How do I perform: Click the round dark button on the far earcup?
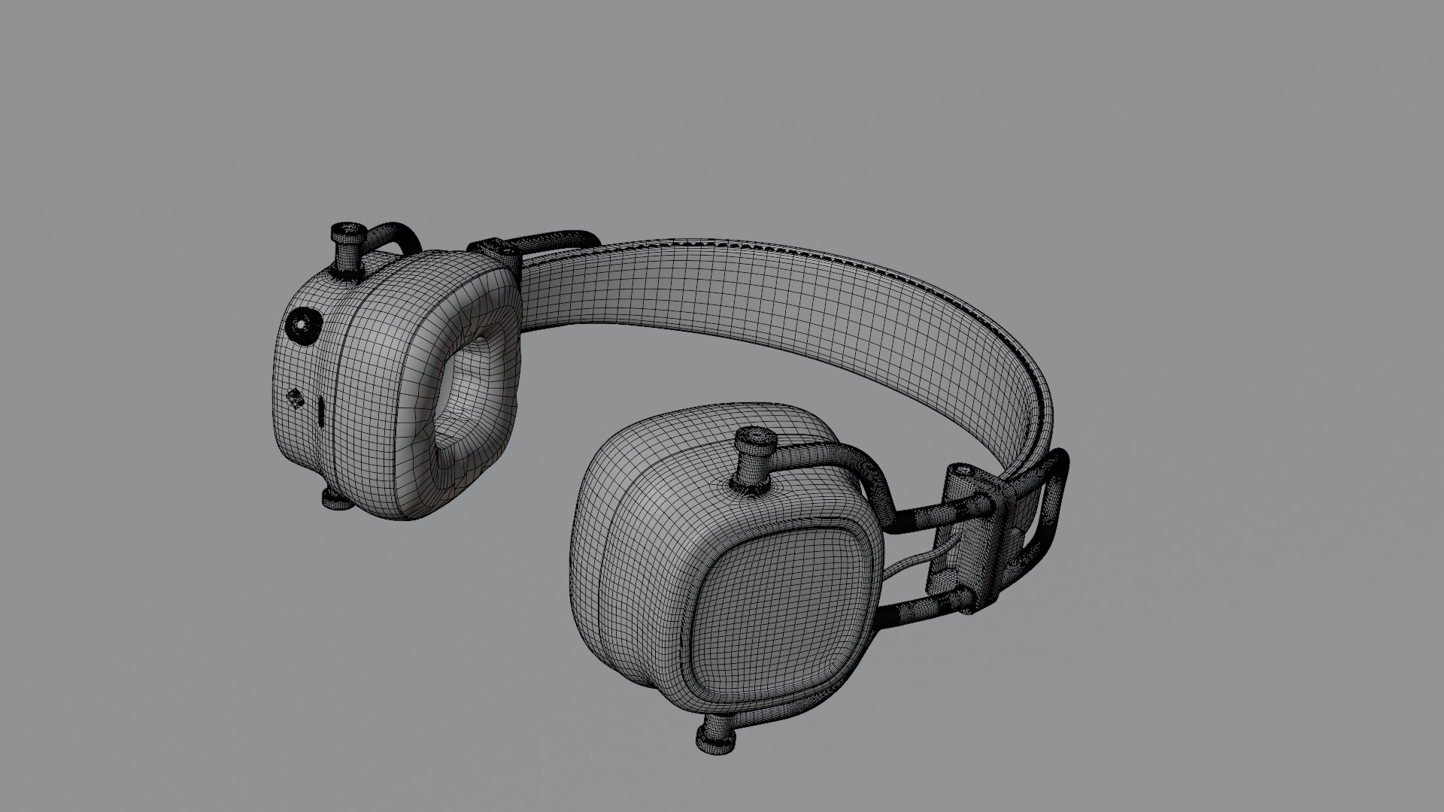(302, 326)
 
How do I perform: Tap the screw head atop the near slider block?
(962, 473)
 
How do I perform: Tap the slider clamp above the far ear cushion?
(493, 251)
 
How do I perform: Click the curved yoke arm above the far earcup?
(391, 233)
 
